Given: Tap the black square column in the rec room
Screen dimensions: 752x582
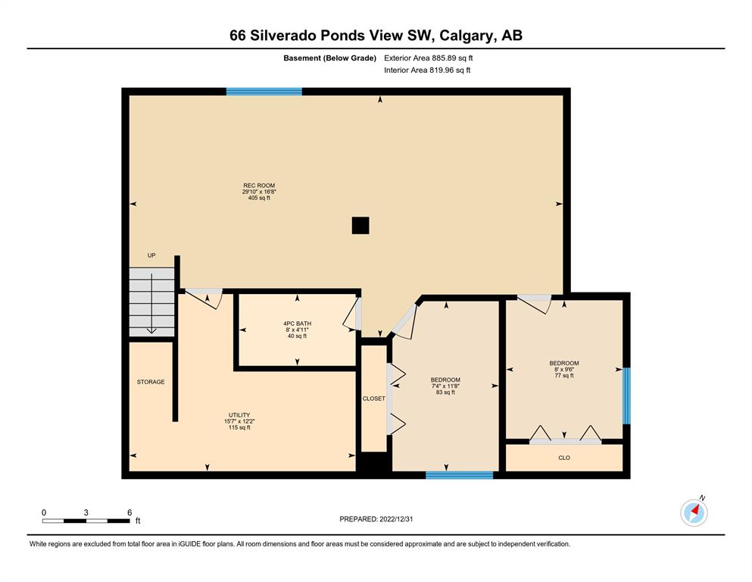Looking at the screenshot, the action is tap(360, 226).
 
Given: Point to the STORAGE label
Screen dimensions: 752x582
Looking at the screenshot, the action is tap(151, 382).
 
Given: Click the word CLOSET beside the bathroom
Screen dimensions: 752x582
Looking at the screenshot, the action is tap(373, 399).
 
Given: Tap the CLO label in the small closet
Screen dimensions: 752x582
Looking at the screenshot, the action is tap(564, 458).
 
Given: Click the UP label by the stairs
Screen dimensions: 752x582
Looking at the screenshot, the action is tap(151, 255).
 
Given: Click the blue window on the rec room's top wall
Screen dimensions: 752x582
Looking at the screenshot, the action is tap(264, 92).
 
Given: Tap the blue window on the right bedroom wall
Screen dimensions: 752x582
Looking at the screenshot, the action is tap(626, 396).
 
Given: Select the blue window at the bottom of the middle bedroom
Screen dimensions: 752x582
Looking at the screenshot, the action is tap(460, 475).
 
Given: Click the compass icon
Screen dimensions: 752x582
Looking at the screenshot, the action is tap(694, 512).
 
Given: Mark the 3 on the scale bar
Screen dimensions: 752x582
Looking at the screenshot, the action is tap(86, 512).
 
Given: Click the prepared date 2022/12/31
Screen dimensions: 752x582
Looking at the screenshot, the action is tap(396, 519).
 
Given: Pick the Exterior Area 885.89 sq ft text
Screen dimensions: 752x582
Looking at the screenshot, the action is tap(429, 58).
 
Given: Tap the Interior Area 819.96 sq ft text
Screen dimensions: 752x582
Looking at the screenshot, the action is tap(427, 70).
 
